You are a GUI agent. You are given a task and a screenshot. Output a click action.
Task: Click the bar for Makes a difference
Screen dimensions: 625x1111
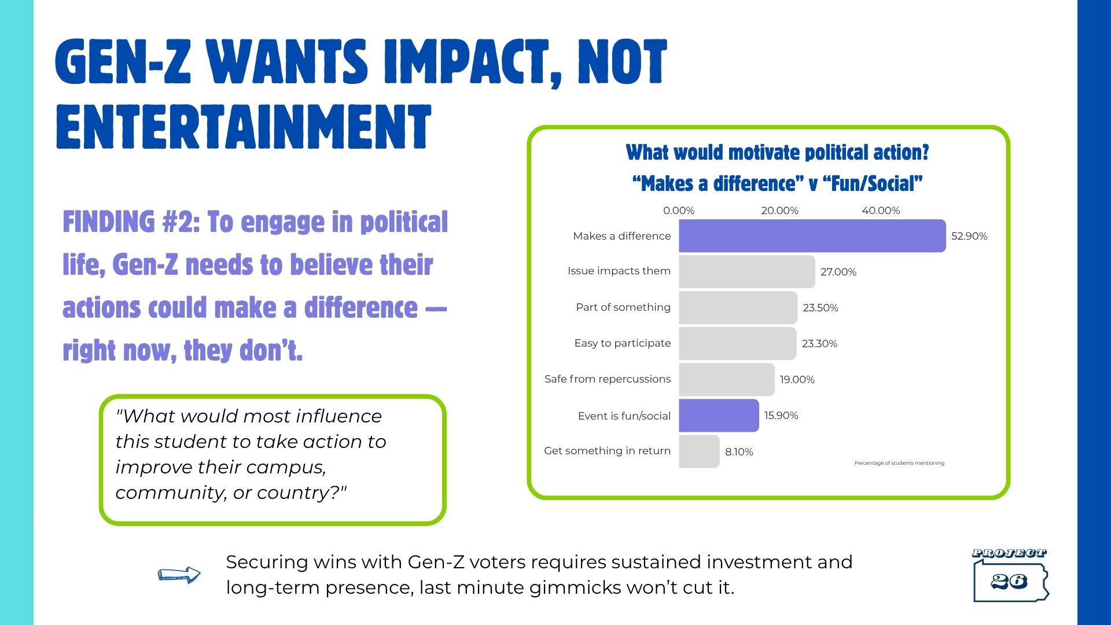pyautogui.click(x=812, y=236)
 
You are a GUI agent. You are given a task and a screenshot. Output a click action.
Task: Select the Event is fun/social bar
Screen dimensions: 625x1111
pyautogui.click(x=719, y=416)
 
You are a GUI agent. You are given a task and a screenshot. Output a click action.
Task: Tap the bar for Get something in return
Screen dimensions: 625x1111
pyautogui.click(x=699, y=451)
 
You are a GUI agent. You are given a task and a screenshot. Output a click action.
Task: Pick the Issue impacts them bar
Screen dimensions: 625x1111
pyautogui.click(x=746, y=271)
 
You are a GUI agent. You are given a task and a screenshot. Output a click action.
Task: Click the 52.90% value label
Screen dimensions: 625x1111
pyautogui.click(x=969, y=236)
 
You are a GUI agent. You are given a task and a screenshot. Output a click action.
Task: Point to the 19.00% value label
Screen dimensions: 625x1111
pyautogui.click(x=797, y=380)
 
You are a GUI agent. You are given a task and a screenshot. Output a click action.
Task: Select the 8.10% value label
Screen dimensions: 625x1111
pyautogui.click(x=739, y=452)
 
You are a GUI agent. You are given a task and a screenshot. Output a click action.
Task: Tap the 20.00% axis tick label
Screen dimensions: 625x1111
pyautogui.click(x=779, y=211)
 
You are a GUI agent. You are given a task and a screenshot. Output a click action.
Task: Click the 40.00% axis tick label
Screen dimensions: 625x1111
pyautogui.click(x=881, y=211)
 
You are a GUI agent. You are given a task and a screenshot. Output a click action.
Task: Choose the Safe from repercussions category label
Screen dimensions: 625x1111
pyautogui.click(x=608, y=379)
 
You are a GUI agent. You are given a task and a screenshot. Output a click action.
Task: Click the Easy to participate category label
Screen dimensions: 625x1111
pyautogui.click(x=622, y=343)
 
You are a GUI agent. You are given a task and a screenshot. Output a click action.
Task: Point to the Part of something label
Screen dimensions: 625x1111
pyautogui.click(x=623, y=307)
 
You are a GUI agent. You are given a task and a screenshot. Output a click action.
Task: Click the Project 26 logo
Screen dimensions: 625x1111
pyautogui.click(x=1010, y=576)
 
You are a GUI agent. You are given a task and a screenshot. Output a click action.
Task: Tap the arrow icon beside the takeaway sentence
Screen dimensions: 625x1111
pyautogui.click(x=179, y=575)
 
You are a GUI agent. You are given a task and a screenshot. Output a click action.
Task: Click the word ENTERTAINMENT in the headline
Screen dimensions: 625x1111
pyautogui.click(x=244, y=127)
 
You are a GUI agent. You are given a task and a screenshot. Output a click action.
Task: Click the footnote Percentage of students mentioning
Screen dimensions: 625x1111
pyautogui.click(x=899, y=463)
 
